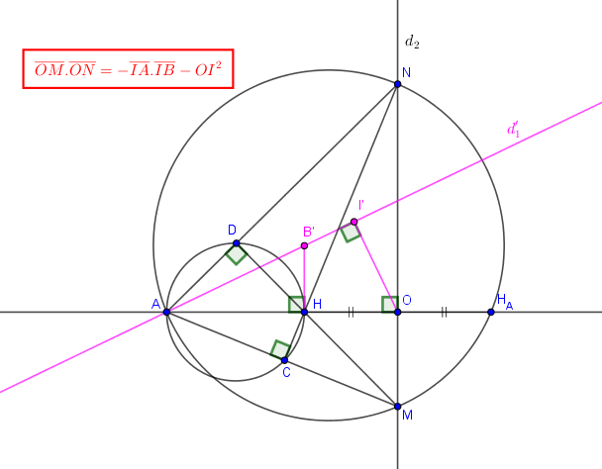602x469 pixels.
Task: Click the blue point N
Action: tap(397, 84)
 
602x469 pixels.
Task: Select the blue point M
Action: tap(397, 407)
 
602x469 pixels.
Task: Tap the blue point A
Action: tap(166, 312)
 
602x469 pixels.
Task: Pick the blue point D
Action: tap(236, 243)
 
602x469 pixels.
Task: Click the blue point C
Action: tap(284, 360)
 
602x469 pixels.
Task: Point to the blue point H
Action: tap(304, 312)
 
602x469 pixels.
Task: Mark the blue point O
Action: tap(397, 312)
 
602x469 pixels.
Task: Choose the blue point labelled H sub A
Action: tap(491, 312)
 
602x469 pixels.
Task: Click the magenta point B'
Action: tap(304, 245)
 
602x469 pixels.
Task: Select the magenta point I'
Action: tap(354, 222)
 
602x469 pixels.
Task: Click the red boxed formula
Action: tap(129, 69)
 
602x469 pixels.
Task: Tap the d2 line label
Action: tap(412, 42)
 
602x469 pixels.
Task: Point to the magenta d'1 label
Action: tap(514, 130)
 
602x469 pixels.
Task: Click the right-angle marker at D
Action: tap(236, 253)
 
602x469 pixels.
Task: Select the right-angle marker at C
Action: tap(280, 349)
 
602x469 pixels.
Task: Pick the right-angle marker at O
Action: tap(390, 305)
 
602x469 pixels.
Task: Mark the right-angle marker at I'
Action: tap(351, 233)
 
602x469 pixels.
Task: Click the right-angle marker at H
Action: tap(297, 305)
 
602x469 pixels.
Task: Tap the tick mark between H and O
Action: tap(351, 312)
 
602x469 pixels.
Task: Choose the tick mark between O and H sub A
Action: tap(444, 312)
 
